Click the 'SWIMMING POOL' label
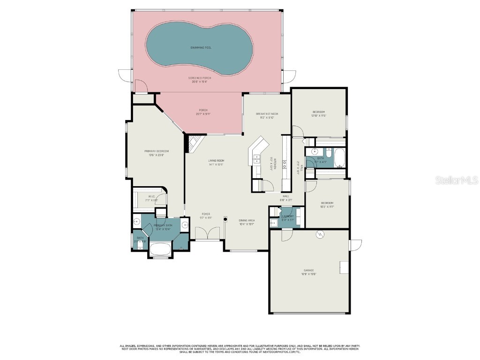(200, 47)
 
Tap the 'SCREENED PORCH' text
(200, 78)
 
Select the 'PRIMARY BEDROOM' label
(156, 151)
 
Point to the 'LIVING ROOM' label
(216, 161)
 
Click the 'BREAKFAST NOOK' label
(267, 114)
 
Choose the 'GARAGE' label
(308, 270)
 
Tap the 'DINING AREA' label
(246, 220)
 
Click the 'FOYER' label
(206, 214)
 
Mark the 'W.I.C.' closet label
(152, 196)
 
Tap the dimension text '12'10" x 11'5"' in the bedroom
(319, 116)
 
